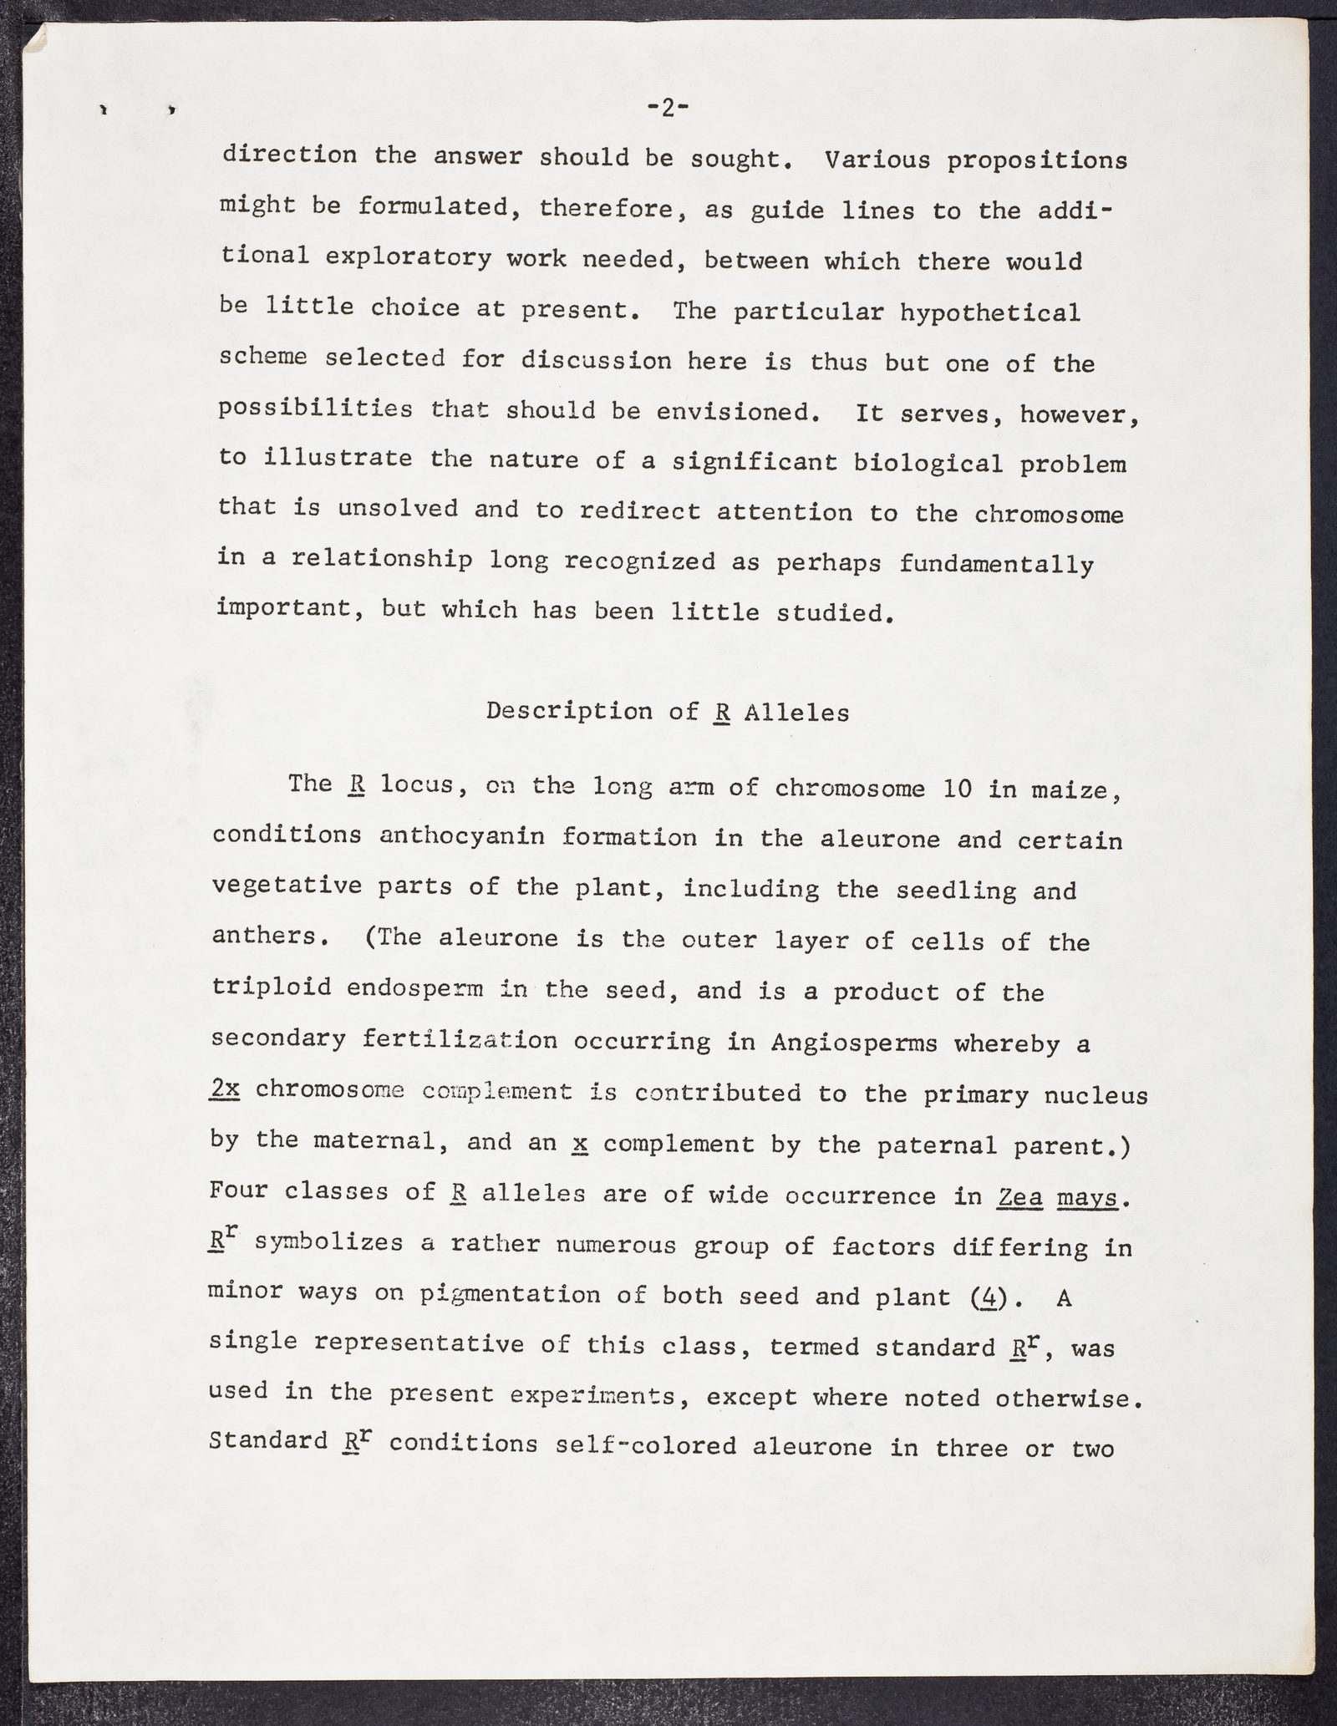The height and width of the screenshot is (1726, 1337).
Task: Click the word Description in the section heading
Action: (x=570, y=711)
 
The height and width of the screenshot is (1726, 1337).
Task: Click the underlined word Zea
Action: (x=1019, y=1197)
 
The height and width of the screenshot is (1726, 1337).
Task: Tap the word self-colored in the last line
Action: (x=645, y=1445)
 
